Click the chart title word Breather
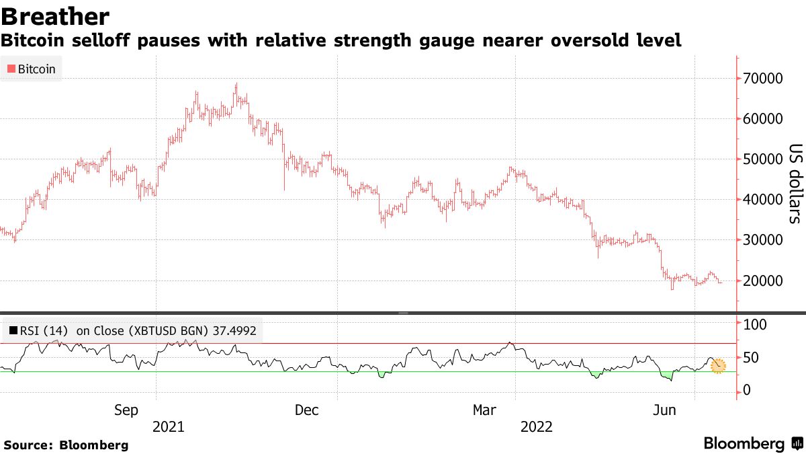coord(55,15)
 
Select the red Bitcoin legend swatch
coord(11,69)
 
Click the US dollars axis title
coord(795,184)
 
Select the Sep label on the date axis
coord(127,410)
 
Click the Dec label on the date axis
coord(307,410)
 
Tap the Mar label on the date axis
coord(485,410)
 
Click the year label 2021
coord(170,426)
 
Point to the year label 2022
coord(535,426)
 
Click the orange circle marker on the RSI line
coord(718,365)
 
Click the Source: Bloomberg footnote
coord(66,445)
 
